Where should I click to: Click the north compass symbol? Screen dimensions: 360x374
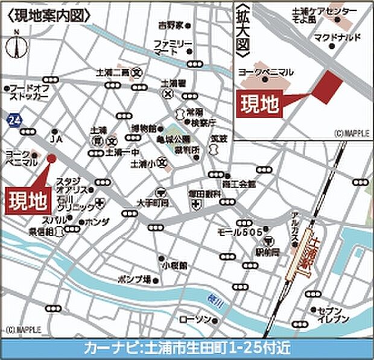click(16, 45)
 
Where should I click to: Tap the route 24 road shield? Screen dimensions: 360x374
click(13, 121)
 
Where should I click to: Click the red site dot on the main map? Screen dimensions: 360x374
click(51, 159)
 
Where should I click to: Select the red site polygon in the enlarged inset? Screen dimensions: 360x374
click(328, 86)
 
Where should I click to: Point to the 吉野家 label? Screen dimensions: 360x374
click(171, 26)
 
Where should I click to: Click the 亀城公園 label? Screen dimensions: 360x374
click(169, 138)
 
